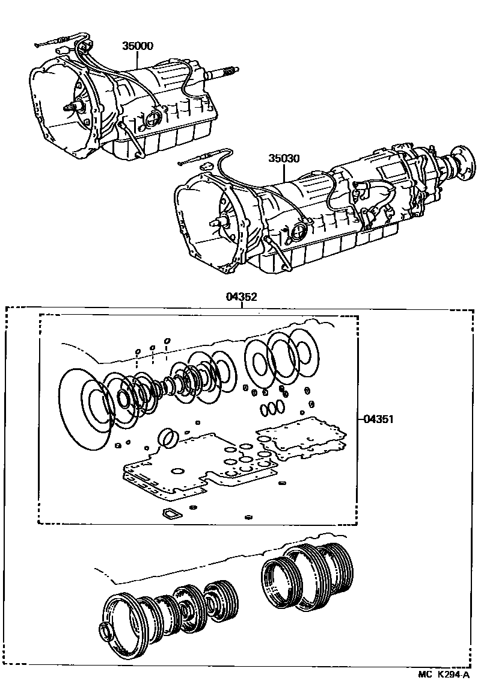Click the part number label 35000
pyautogui.click(x=138, y=46)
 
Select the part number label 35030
pyautogui.click(x=284, y=158)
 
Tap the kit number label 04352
pyautogui.click(x=242, y=296)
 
